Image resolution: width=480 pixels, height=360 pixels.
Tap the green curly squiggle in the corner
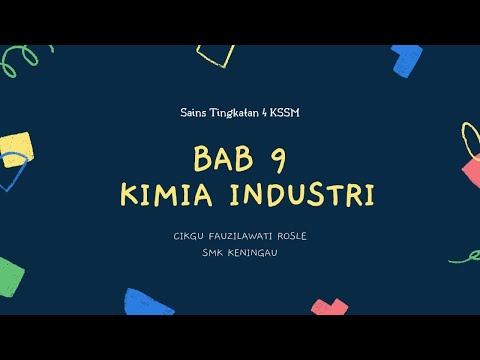click(x=19, y=61)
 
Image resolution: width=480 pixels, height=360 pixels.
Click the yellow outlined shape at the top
click(x=214, y=55)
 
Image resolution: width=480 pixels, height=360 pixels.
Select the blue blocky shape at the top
click(x=407, y=59)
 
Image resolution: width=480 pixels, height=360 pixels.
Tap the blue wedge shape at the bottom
click(x=148, y=302)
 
